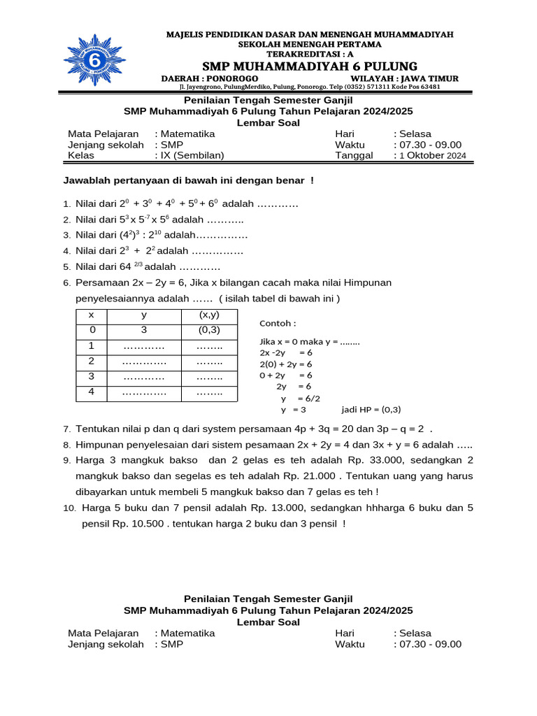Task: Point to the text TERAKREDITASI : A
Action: tap(309, 53)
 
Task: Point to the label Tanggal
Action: tap(354, 155)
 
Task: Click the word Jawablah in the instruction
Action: tap(84, 181)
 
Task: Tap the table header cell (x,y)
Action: tap(209, 315)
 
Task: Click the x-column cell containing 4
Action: tap(91, 392)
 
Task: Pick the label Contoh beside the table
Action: tap(278, 324)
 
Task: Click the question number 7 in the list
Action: tap(66, 429)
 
